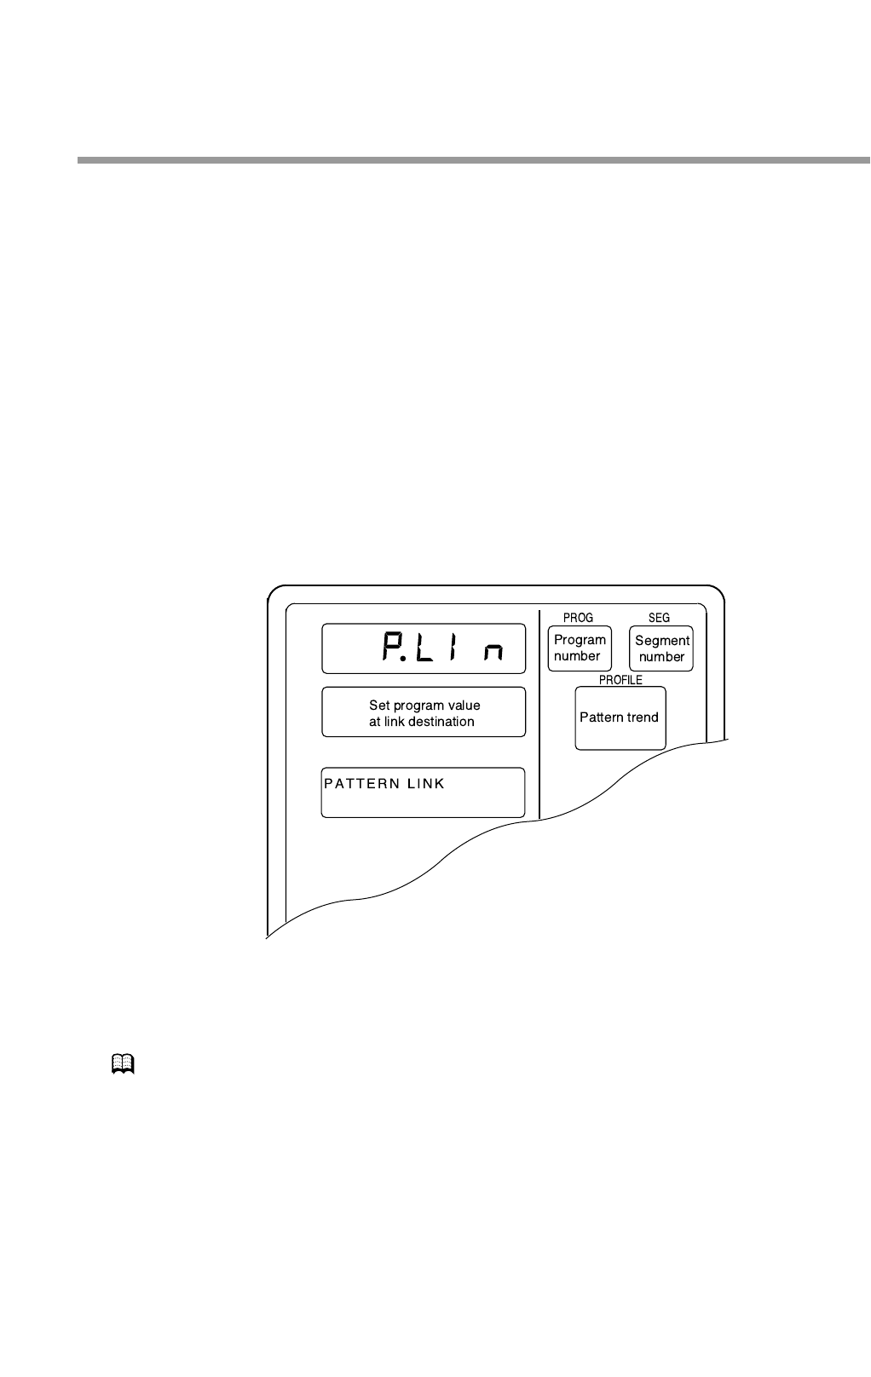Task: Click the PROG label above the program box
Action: [x=578, y=618]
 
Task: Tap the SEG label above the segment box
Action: [x=659, y=618]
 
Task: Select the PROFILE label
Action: [x=620, y=680]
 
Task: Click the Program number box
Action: [x=580, y=648]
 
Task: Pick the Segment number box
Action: [x=661, y=648]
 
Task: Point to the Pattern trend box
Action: [x=620, y=717]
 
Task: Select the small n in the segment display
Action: [x=492, y=653]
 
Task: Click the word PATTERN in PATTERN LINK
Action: [x=361, y=784]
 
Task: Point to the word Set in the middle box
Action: [x=379, y=706]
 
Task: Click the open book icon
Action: [x=123, y=1063]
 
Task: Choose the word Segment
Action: [x=662, y=641]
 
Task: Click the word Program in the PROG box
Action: [x=580, y=640]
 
